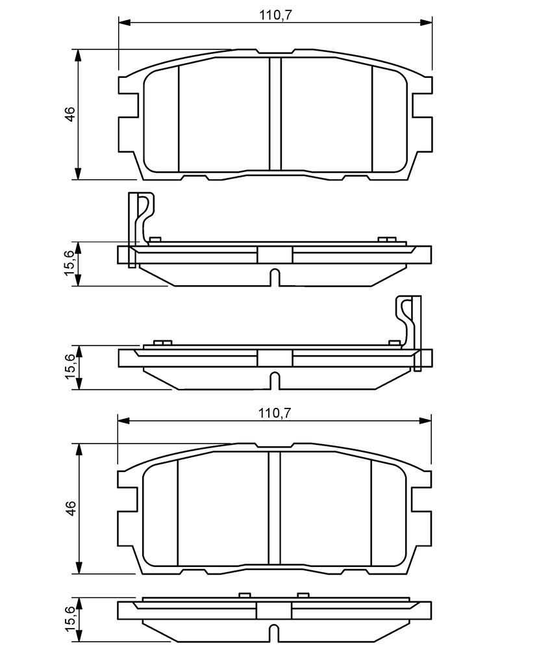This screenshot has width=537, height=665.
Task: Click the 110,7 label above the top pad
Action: tap(276, 16)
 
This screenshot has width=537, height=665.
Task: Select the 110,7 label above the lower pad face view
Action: tap(275, 412)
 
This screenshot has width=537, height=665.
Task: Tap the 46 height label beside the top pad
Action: tap(69, 114)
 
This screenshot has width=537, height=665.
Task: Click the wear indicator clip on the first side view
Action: tap(141, 229)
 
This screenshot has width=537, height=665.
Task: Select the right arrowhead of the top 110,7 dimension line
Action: tap(427, 21)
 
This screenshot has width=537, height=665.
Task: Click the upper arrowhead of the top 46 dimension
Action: tap(78, 55)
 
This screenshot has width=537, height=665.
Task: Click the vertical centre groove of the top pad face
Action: tap(275, 114)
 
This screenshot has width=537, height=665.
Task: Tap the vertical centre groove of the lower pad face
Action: tap(275, 508)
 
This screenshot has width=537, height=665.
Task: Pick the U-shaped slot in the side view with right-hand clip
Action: tap(275, 381)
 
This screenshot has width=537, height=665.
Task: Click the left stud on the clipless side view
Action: tap(244, 595)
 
